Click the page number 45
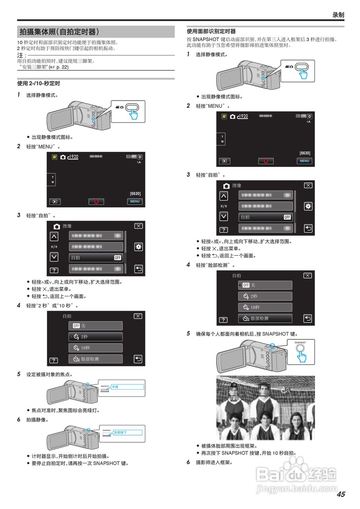(341, 494)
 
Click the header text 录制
(338, 15)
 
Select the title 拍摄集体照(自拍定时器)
(59, 32)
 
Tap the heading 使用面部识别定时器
(211, 31)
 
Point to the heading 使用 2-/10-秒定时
(39, 84)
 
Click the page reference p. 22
(61, 67)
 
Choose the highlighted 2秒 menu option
(95, 337)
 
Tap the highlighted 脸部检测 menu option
(265, 318)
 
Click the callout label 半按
(115, 387)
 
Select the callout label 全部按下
(120, 432)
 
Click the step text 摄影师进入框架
(214, 462)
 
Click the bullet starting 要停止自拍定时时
(80, 463)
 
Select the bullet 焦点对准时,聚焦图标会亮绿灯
(66, 410)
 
